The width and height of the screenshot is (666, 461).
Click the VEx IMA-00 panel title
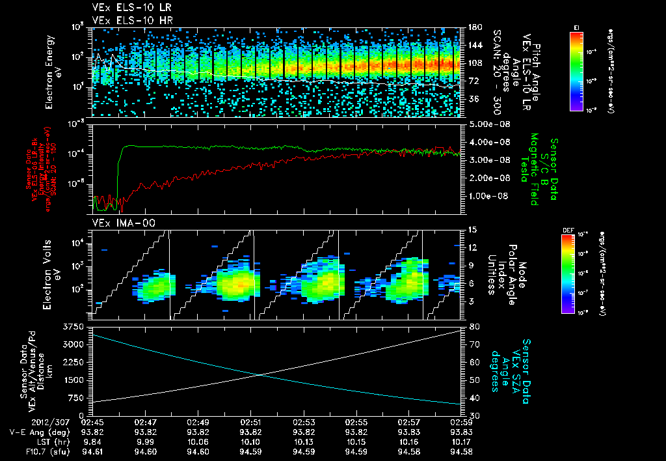pos(118,223)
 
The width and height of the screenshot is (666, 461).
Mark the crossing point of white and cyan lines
pos(260,374)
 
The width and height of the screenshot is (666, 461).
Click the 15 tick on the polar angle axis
pos(472,230)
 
